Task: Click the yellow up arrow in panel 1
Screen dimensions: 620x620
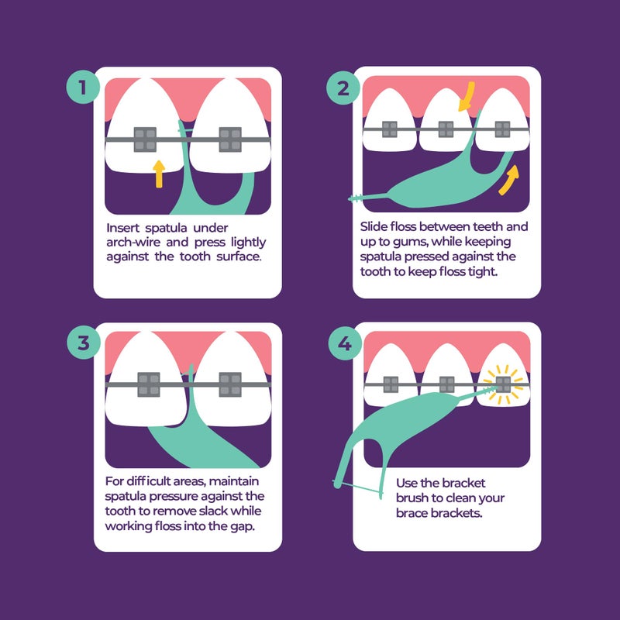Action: click(x=159, y=174)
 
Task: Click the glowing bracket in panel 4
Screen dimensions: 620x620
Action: click(x=503, y=383)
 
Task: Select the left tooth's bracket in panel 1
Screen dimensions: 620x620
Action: click(x=145, y=139)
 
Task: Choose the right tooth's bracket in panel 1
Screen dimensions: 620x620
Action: click(x=230, y=139)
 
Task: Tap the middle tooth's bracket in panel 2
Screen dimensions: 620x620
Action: click(x=446, y=129)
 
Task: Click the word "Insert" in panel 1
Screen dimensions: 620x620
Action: click(x=123, y=228)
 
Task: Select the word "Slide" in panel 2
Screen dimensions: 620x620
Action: click(x=374, y=228)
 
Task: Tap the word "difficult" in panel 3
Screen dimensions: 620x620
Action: click(x=155, y=482)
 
